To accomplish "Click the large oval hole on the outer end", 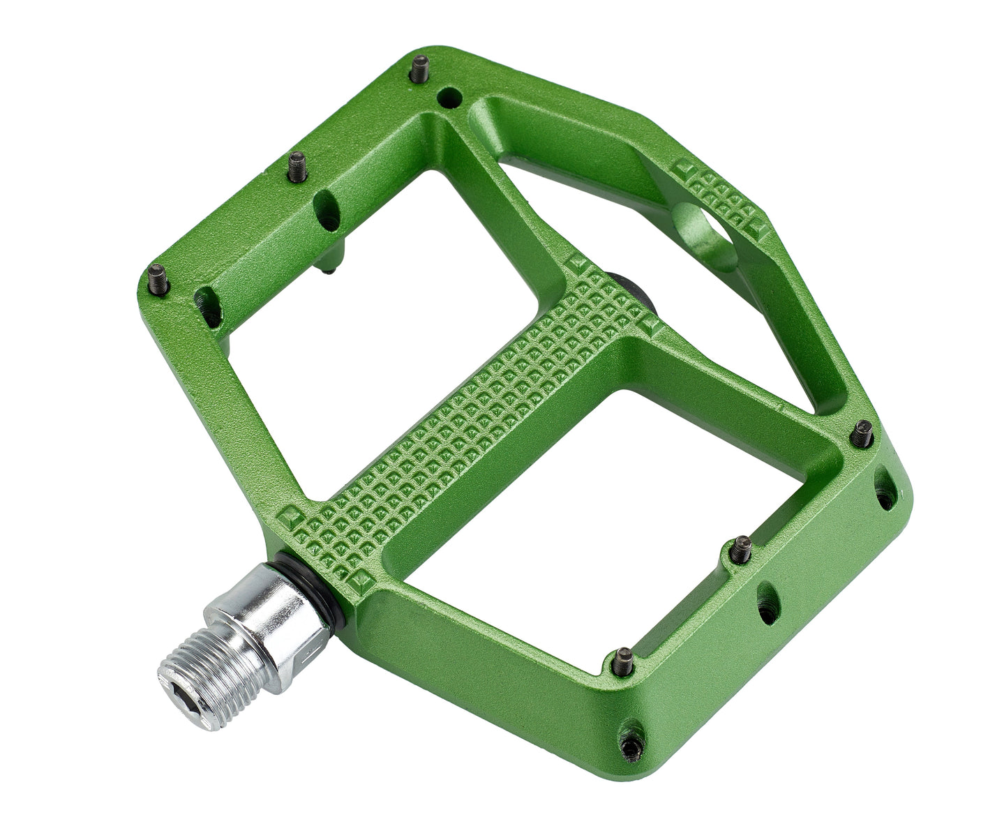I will [705, 236].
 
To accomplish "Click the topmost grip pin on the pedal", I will [419, 69].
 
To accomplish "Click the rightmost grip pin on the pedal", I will [863, 435].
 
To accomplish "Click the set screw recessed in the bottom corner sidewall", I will [631, 746].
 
